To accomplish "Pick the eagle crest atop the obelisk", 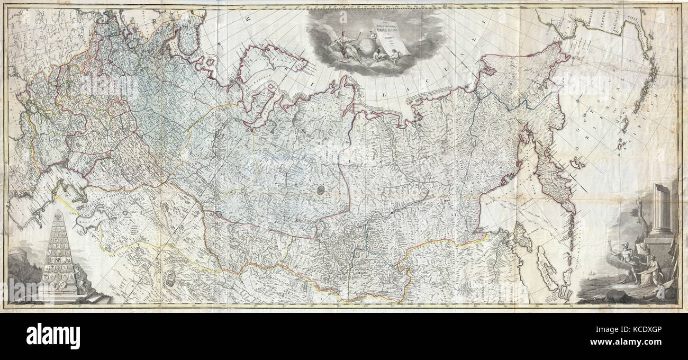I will click(x=59, y=217).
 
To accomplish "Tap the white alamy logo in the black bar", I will click(x=53, y=336).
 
